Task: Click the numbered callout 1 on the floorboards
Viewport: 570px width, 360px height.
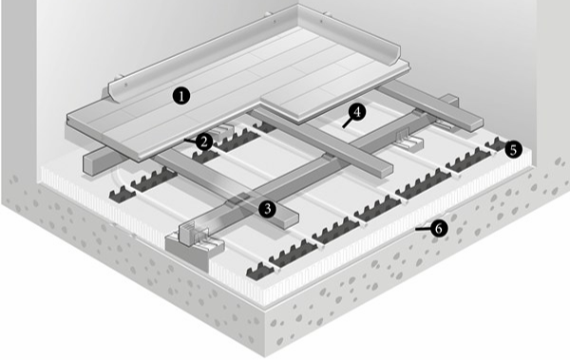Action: pyautogui.click(x=181, y=96)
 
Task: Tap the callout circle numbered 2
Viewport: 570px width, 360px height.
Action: pyautogui.click(x=204, y=142)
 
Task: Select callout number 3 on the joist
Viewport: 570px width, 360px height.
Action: pyautogui.click(x=268, y=209)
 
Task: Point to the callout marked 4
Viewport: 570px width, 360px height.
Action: pyautogui.click(x=357, y=112)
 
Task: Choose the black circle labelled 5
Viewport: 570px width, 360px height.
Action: pyautogui.click(x=513, y=149)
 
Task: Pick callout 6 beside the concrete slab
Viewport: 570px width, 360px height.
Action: pyautogui.click(x=439, y=228)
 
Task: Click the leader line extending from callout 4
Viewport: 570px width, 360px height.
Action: pyautogui.click(x=348, y=123)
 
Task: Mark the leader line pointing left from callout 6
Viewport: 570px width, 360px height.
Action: pyautogui.click(x=423, y=229)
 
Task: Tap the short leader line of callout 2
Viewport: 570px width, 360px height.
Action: pyautogui.click(x=190, y=141)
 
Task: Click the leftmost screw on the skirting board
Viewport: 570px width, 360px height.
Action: pyautogui.click(x=126, y=85)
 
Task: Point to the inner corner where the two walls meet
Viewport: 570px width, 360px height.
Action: pyautogui.click(x=297, y=5)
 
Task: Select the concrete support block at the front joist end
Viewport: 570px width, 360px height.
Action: pyautogui.click(x=189, y=252)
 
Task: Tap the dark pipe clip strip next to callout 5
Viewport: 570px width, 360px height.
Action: pyautogui.click(x=496, y=144)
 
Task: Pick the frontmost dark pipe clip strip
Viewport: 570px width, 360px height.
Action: pyautogui.click(x=260, y=272)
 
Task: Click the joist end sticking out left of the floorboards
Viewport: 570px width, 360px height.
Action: pyautogui.click(x=95, y=161)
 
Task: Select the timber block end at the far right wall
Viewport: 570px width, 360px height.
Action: pyautogui.click(x=451, y=101)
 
